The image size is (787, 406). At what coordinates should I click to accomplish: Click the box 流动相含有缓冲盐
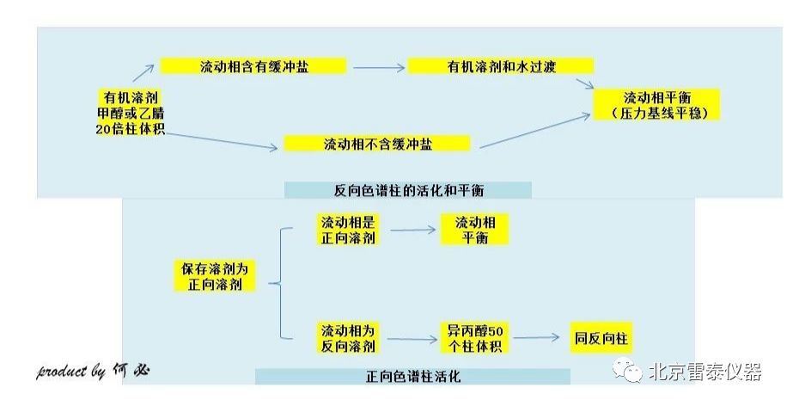253,66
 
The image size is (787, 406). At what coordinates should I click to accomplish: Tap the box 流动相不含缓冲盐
377,144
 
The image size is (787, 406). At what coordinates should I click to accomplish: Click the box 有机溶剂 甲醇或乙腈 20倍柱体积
130,112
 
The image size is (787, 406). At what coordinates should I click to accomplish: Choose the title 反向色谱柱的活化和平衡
408,189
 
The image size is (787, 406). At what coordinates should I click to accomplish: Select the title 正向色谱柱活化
412,377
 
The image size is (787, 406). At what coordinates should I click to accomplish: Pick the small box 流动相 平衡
474,230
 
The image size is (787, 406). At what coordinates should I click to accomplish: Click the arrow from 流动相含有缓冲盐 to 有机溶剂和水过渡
377,67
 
